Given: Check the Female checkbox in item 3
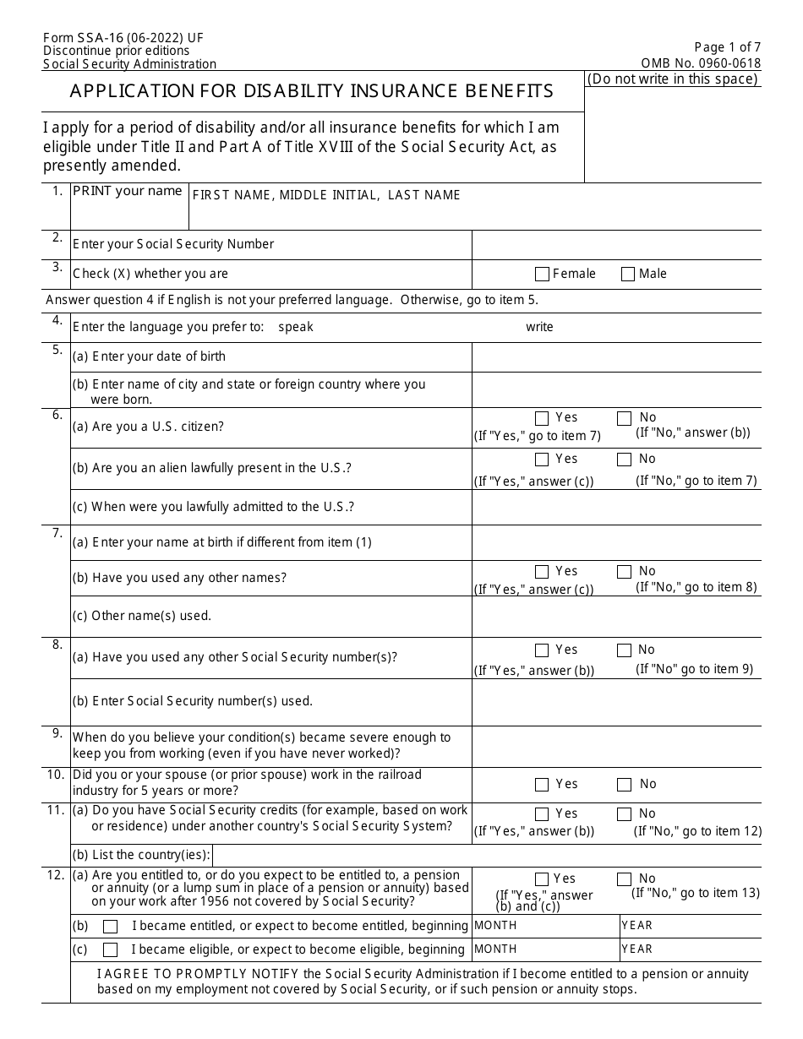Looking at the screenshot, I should [x=542, y=274].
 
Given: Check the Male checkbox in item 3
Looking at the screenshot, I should [x=628, y=274].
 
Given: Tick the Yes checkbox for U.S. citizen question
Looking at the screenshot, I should [x=542, y=418].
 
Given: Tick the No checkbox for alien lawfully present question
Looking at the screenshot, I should [x=624, y=460].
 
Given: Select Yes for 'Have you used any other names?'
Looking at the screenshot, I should [x=542, y=572].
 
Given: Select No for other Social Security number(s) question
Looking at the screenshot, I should [x=624, y=650].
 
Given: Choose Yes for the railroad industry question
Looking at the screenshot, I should [x=542, y=785].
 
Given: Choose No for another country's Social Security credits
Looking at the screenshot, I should [x=624, y=814].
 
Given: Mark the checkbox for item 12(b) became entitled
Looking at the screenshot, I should [x=110, y=926].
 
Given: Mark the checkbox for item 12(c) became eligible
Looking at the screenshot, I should [x=110, y=949].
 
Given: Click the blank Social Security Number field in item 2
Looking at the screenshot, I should [x=615, y=244].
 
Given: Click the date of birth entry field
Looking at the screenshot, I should [x=615, y=356].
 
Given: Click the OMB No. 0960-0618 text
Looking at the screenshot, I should [x=701, y=63].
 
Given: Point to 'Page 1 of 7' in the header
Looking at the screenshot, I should [x=727, y=48].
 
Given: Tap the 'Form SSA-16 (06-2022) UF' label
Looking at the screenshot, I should [x=123, y=38].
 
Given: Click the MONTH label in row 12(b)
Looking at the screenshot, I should [x=495, y=925].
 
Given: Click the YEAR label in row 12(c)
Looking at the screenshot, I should [x=637, y=949].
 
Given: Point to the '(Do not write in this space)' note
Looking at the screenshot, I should [x=673, y=79].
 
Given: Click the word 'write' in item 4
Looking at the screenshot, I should [x=539, y=327].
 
